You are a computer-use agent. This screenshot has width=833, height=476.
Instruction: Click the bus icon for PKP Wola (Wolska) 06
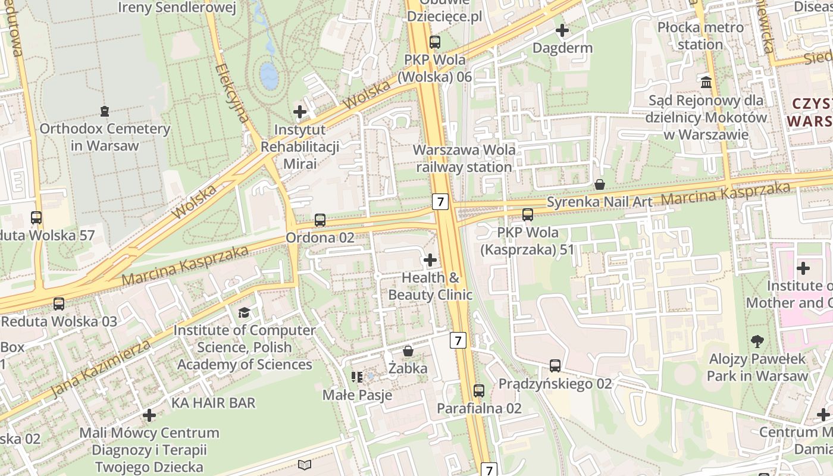pyautogui.click(x=435, y=42)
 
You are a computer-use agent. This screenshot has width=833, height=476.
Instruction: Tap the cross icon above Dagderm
pyautogui.click(x=562, y=30)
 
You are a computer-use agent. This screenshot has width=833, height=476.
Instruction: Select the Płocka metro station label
pyautogui.click(x=700, y=36)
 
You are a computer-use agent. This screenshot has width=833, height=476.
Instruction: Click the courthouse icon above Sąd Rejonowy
pyautogui.click(x=706, y=82)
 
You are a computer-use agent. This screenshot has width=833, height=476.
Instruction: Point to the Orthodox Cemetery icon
pyautogui.click(x=105, y=111)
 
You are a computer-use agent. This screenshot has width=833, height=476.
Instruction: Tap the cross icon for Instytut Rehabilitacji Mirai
pyautogui.click(x=300, y=111)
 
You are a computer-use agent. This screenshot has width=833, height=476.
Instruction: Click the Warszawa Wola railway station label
pyautogui.click(x=465, y=158)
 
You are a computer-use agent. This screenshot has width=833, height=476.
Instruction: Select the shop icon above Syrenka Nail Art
pyautogui.click(x=600, y=184)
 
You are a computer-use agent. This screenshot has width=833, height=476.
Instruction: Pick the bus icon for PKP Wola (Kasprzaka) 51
pyautogui.click(x=527, y=215)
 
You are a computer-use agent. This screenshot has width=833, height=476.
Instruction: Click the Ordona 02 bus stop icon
pyautogui.click(x=320, y=220)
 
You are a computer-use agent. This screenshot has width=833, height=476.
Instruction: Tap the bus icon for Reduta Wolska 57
pyautogui.click(x=36, y=218)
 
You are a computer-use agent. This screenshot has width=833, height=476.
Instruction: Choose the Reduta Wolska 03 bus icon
pyautogui.click(x=59, y=304)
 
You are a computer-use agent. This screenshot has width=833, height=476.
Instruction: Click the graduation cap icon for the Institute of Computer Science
pyautogui.click(x=244, y=312)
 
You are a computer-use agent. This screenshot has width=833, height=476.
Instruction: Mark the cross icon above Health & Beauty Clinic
pyautogui.click(x=430, y=260)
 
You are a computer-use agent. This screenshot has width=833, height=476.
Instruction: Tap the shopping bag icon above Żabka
pyautogui.click(x=408, y=351)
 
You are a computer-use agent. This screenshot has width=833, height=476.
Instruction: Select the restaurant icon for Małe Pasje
pyautogui.click(x=357, y=377)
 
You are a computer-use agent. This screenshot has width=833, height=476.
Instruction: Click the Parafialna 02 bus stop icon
pyautogui.click(x=479, y=391)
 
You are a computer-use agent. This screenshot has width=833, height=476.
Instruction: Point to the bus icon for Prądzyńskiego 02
pyautogui.click(x=555, y=366)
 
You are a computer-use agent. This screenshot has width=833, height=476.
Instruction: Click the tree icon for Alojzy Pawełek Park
pyautogui.click(x=757, y=342)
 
